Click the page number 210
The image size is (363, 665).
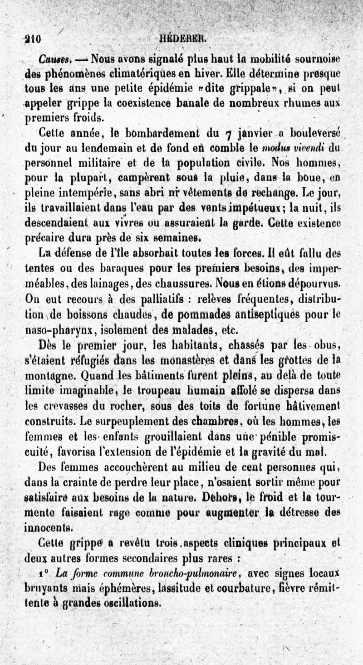33,39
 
